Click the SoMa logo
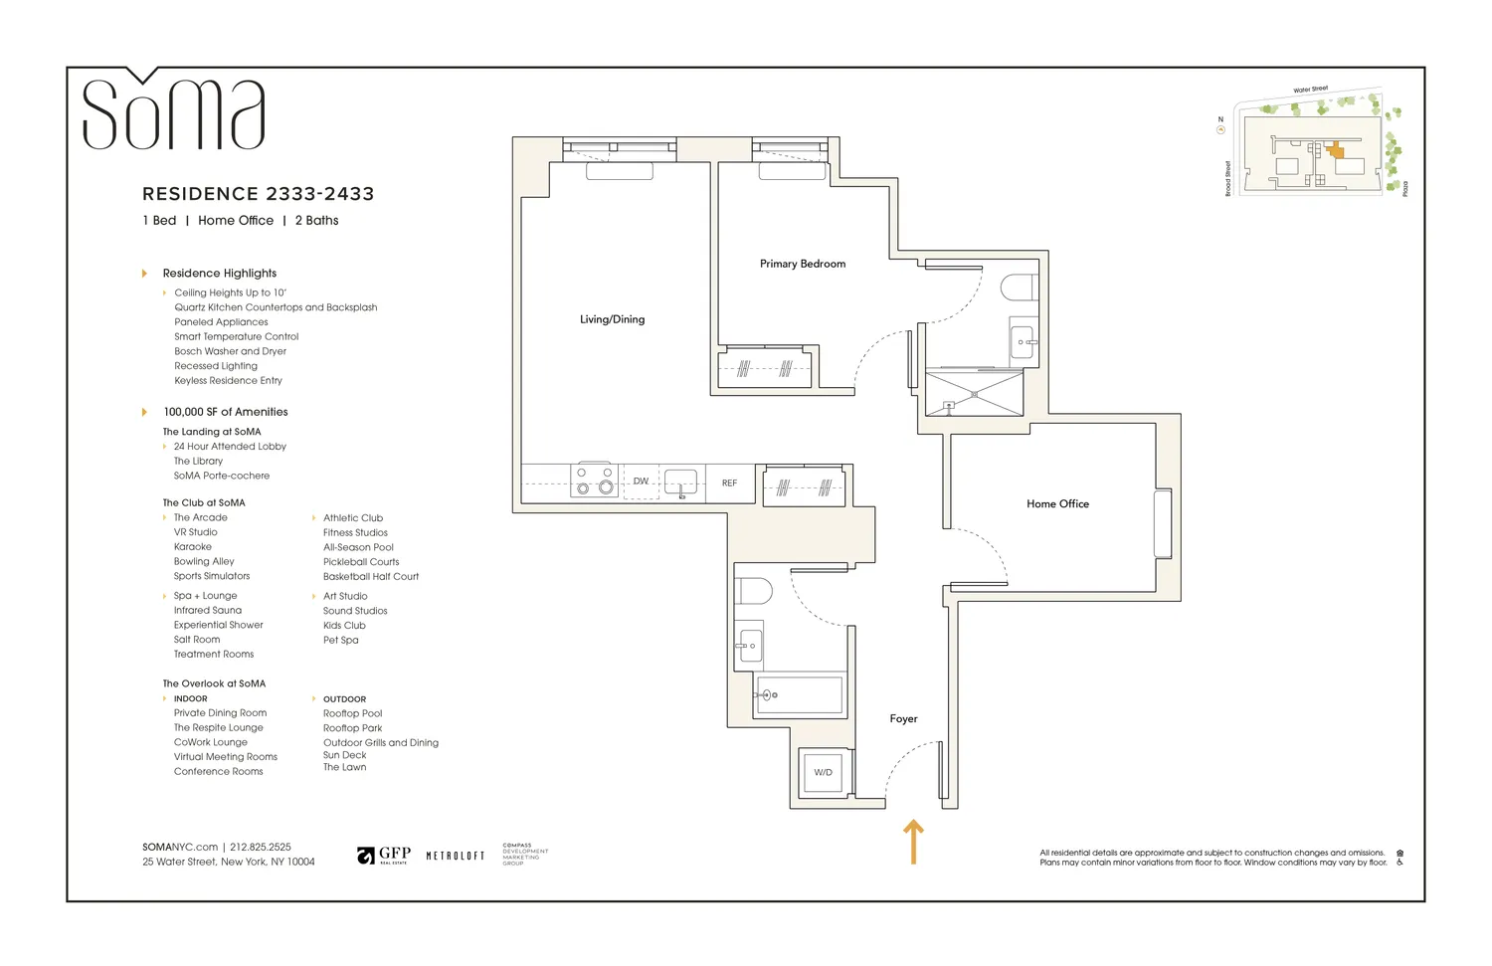pyautogui.click(x=173, y=111)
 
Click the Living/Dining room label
pyautogui.click(x=612, y=319)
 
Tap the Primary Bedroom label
pyautogui.click(x=802, y=264)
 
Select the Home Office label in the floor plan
pyautogui.click(x=1057, y=504)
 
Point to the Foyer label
pyautogui.click(x=903, y=718)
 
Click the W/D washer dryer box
pyautogui.click(x=823, y=772)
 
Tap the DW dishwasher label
pyautogui.click(x=641, y=482)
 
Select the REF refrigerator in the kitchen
pyautogui.click(x=729, y=483)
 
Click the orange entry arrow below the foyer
pyautogui.click(x=913, y=842)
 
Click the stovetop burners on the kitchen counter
pyautogui.click(x=594, y=481)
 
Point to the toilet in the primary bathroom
pyautogui.click(x=1020, y=289)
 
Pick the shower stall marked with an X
pyautogui.click(x=974, y=394)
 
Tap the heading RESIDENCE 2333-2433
pyautogui.click(x=258, y=194)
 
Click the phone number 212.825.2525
pyautogui.click(x=261, y=848)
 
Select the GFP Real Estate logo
pyautogui.click(x=384, y=856)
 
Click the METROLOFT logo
pyautogui.click(x=455, y=856)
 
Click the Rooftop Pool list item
pyautogui.click(x=352, y=713)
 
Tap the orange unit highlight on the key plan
pyautogui.click(x=1335, y=152)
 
